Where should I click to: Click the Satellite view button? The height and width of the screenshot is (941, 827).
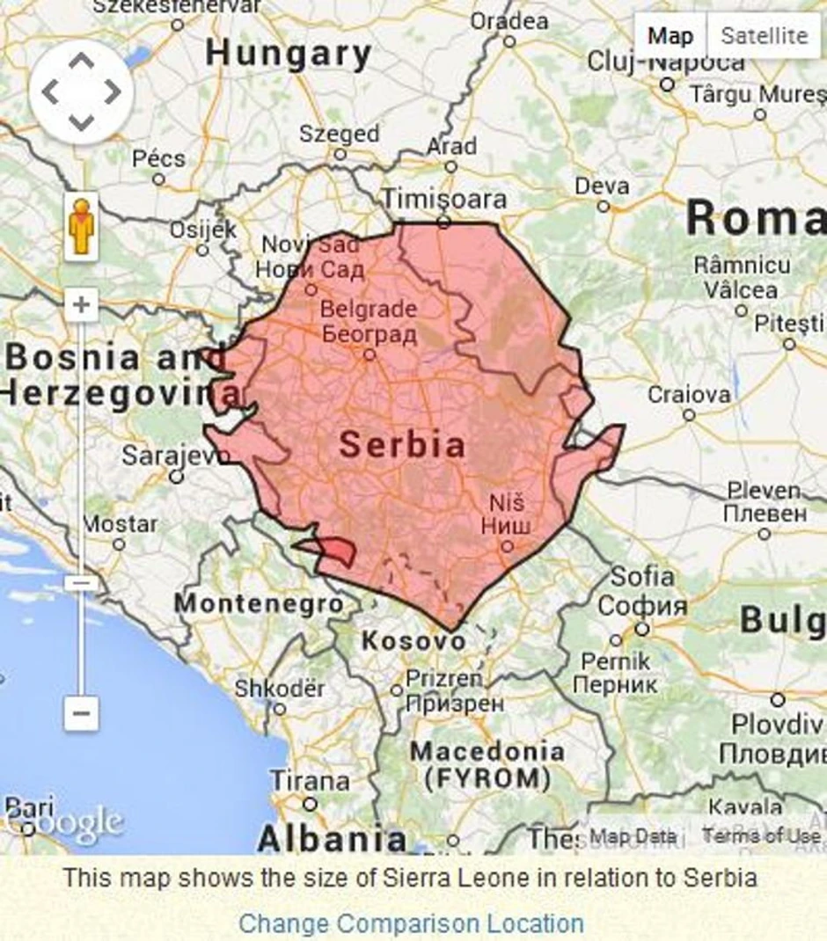tap(764, 36)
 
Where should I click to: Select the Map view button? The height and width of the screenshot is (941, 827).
tap(670, 36)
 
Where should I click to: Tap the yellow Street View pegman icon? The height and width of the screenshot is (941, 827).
tap(81, 227)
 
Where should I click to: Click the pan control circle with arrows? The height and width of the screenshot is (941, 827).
tap(81, 91)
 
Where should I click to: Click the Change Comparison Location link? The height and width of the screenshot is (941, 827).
tap(411, 923)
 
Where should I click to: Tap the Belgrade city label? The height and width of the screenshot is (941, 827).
tap(368, 310)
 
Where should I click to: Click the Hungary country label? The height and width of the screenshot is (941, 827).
tap(289, 55)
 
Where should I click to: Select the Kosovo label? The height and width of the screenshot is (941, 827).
tap(413, 641)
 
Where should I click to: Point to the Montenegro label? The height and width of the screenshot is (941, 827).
tap(259, 603)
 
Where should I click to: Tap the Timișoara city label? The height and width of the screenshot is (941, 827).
tap(444, 200)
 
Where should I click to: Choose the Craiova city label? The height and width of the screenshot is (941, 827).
tap(689, 395)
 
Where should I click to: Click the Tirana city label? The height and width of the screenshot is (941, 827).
tap(309, 780)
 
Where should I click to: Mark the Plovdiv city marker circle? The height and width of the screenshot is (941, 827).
tap(778, 700)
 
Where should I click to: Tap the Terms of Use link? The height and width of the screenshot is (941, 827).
tap(760, 836)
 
